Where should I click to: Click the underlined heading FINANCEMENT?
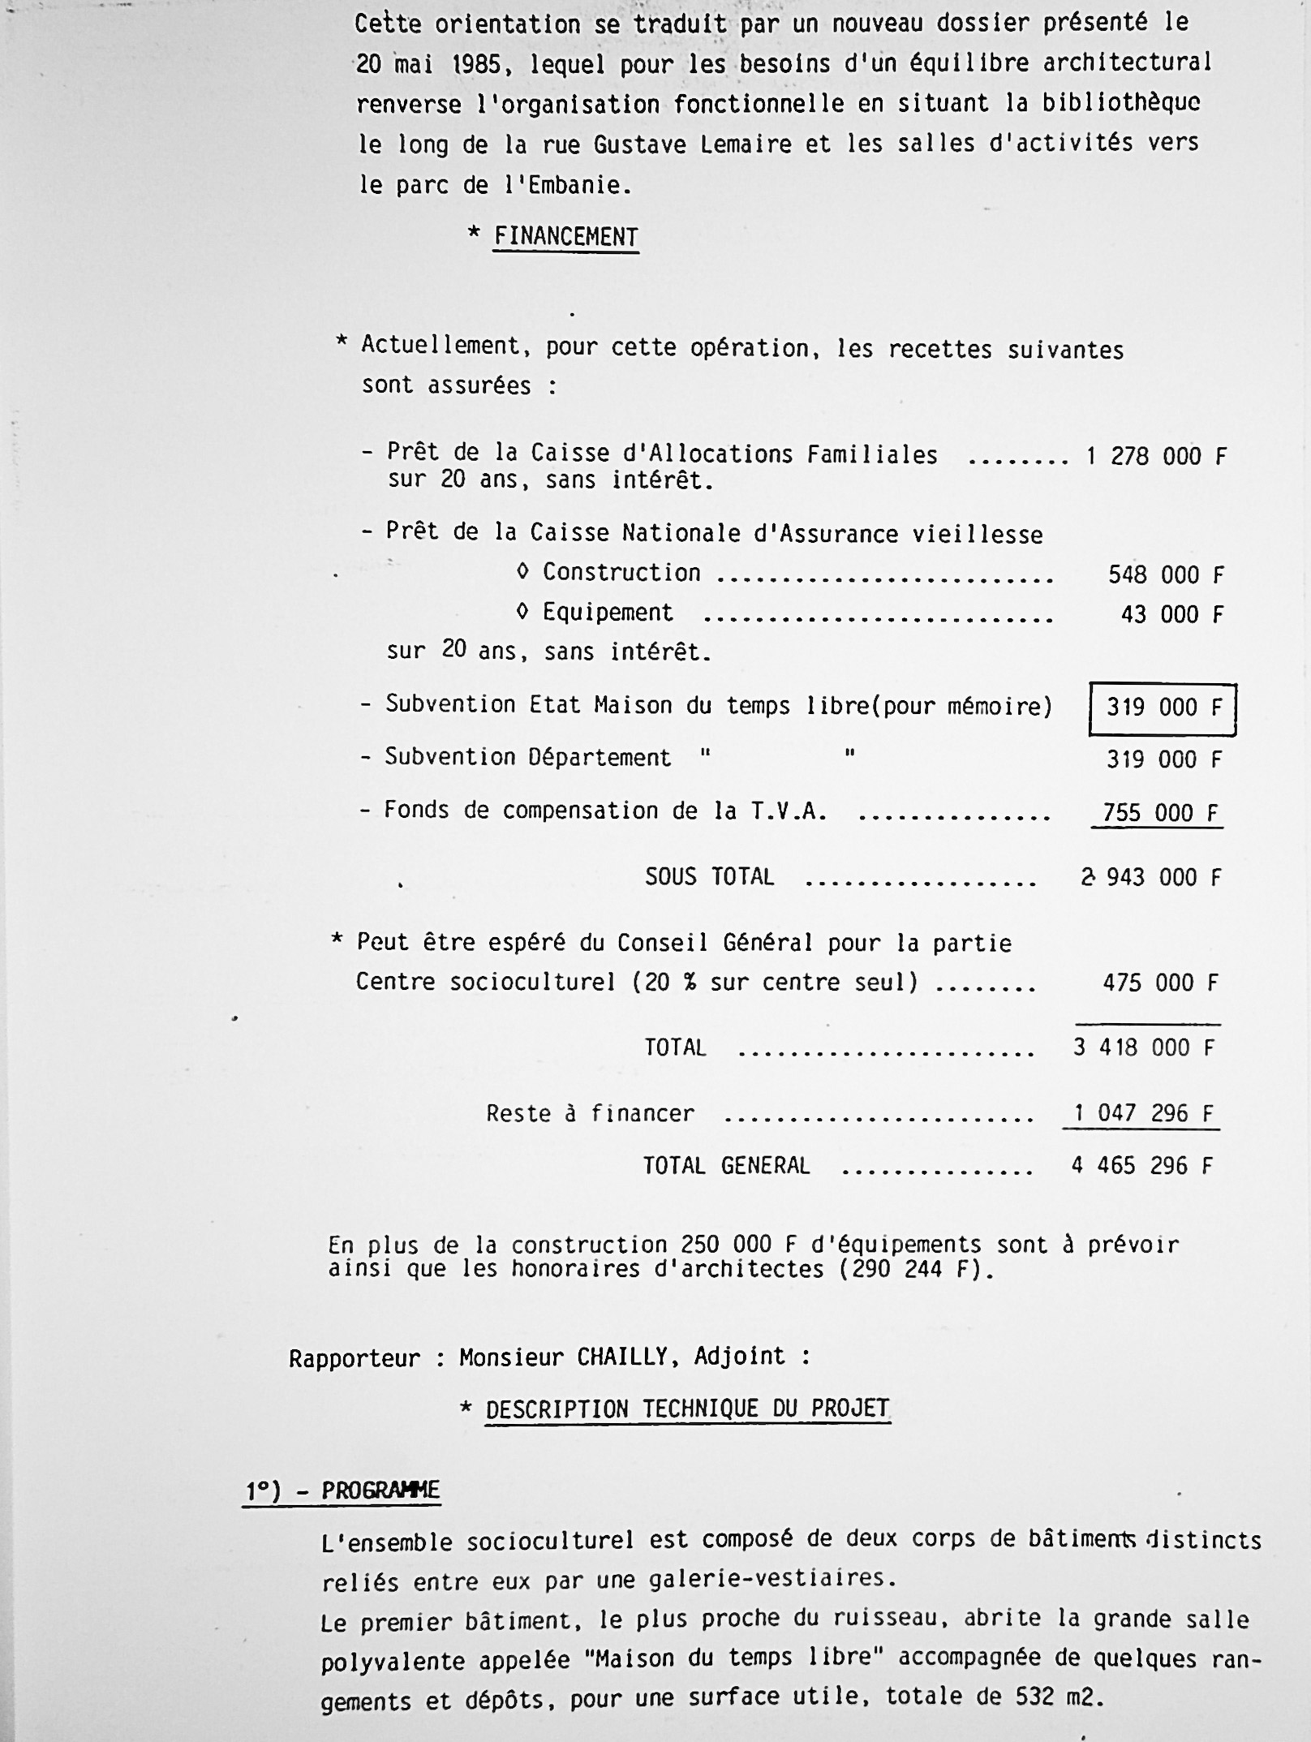[565, 237]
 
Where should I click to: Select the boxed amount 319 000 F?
[1163, 708]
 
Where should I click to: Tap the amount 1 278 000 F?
[1156, 457]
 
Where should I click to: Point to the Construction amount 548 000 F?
[1165, 575]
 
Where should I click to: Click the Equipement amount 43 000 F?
[1171, 615]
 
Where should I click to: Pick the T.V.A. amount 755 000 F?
[1161, 813]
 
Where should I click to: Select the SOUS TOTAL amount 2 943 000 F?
[1150, 877]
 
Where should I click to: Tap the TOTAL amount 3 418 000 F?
[1143, 1047]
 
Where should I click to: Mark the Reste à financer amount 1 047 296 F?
[1143, 1113]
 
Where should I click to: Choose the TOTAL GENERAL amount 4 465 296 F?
[1141, 1166]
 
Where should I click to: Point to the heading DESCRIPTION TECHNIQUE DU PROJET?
[687, 1409]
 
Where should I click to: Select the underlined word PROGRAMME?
[380, 1490]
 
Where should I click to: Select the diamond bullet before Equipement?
[522, 613]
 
